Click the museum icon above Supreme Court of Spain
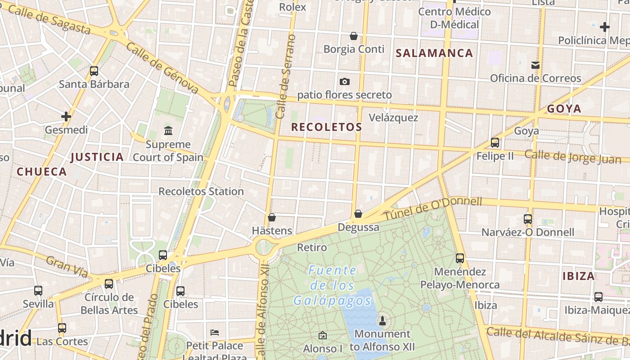(168, 131)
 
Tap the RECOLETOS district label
(326, 127)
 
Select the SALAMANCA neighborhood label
(434, 53)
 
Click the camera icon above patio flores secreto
(345, 81)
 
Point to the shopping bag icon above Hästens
(272, 217)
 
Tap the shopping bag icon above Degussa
(358, 214)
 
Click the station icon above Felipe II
(495, 143)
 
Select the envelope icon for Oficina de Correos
(535, 65)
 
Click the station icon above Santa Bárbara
(94, 71)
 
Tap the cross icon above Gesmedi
(66, 117)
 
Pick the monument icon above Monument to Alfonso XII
(382, 320)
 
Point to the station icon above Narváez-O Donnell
(528, 219)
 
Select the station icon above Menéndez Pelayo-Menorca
(460, 258)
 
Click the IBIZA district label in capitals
(579, 276)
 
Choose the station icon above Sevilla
(38, 291)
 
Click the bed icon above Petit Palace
(215, 333)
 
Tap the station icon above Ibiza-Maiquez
(598, 297)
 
